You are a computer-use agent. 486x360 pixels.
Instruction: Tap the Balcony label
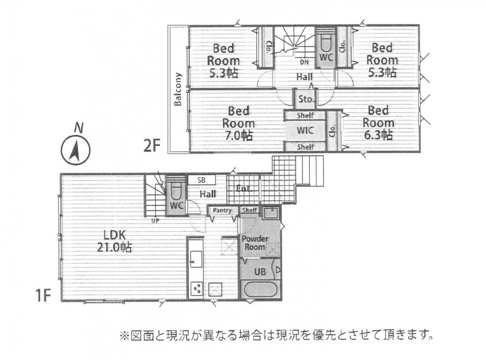(x=178, y=89)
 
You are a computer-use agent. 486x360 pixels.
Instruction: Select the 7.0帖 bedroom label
(x=238, y=123)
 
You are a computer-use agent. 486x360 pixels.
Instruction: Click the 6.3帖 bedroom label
(x=378, y=123)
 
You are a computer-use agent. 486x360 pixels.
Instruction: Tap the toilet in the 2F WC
(x=325, y=46)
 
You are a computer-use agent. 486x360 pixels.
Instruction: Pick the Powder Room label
(x=254, y=243)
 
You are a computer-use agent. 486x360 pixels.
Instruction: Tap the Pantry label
(x=222, y=210)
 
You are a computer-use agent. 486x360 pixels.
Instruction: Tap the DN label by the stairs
(x=304, y=62)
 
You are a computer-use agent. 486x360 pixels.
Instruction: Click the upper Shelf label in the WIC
(x=305, y=115)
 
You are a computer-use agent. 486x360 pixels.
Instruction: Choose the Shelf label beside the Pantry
(x=249, y=210)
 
